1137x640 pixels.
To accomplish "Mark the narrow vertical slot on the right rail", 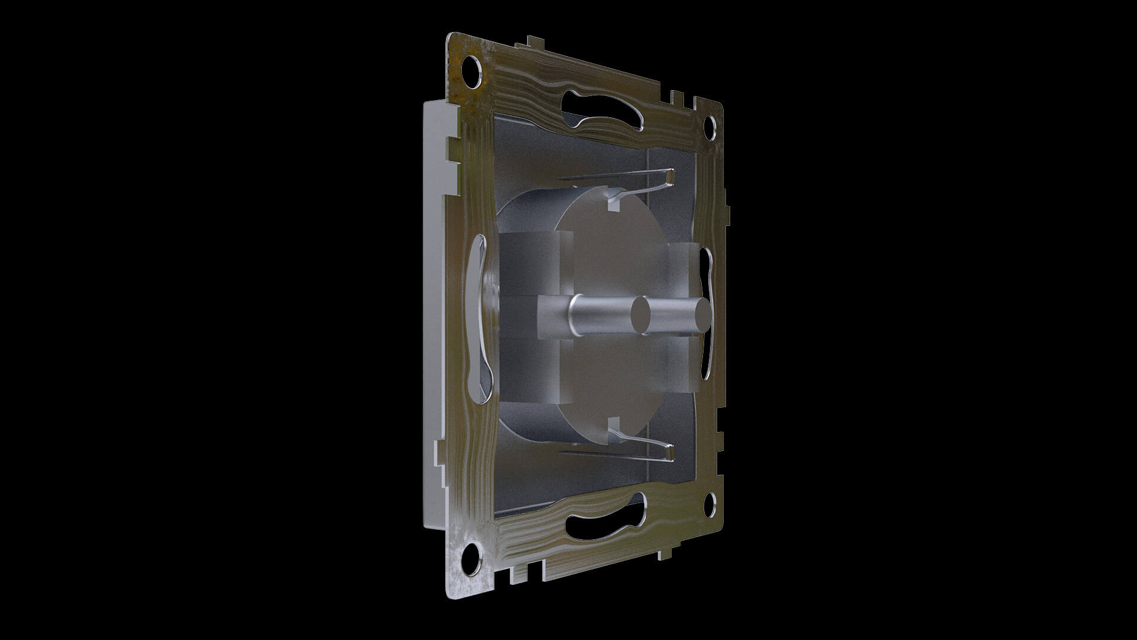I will [x=705, y=314].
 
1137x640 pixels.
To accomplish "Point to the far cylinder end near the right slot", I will [x=701, y=316].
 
